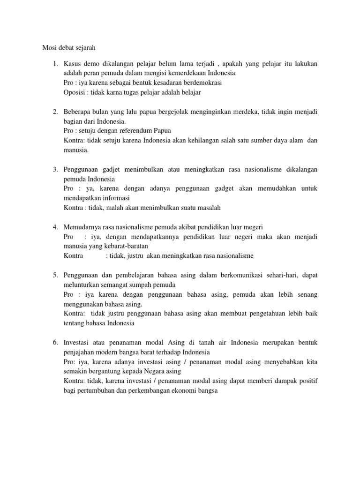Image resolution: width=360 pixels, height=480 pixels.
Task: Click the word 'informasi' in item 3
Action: (x=116, y=198)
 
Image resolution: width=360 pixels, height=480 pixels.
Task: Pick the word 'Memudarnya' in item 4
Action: (x=82, y=227)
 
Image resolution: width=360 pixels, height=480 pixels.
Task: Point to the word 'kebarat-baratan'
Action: (x=130, y=246)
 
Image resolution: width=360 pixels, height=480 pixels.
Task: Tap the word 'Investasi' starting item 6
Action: (x=77, y=343)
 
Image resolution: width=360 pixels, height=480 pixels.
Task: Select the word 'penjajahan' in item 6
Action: (x=81, y=352)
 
